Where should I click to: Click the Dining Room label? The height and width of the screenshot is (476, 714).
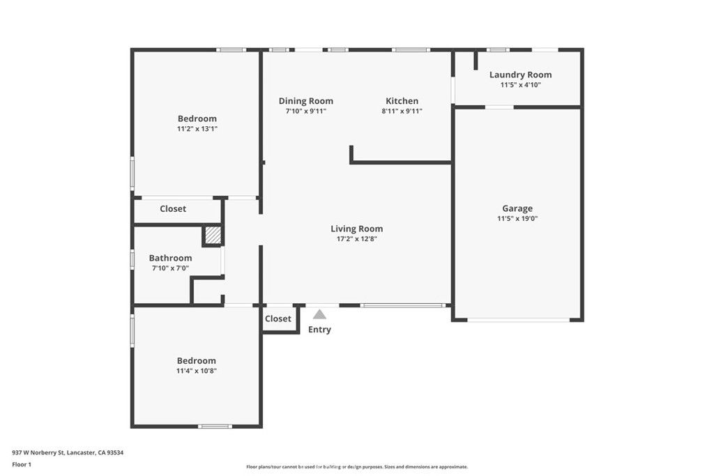coord(305,101)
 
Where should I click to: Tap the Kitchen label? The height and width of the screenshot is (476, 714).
coord(402,101)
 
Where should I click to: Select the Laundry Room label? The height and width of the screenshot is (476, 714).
coord(520,75)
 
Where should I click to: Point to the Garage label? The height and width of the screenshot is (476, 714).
coord(517,208)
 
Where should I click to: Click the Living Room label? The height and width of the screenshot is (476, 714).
coord(356,229)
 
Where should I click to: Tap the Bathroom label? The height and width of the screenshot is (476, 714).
coord(170,258)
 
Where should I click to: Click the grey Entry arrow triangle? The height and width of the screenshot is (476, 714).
coord(319,314)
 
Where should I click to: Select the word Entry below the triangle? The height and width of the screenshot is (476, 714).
coord(319,330)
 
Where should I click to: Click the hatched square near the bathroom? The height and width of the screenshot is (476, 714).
coord(213,236)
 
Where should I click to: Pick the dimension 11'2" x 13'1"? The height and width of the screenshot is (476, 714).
coord(197,129)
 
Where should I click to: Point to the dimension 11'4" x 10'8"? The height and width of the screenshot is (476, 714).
coord(196,371)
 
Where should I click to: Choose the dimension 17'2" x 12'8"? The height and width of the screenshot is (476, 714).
coord(356,239)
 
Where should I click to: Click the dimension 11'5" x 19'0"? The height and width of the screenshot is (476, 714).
coord(517,219)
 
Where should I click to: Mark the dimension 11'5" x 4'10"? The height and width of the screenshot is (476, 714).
coord(520,85)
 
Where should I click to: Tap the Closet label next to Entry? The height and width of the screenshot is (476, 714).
coord(278,318)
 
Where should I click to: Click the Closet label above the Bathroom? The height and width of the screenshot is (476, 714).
coord(173,209)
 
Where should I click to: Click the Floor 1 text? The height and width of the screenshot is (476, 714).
coord(22,464)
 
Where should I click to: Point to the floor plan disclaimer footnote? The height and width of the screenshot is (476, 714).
coord(356,467)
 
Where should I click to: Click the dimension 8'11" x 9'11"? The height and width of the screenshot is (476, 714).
coord(402,112)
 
